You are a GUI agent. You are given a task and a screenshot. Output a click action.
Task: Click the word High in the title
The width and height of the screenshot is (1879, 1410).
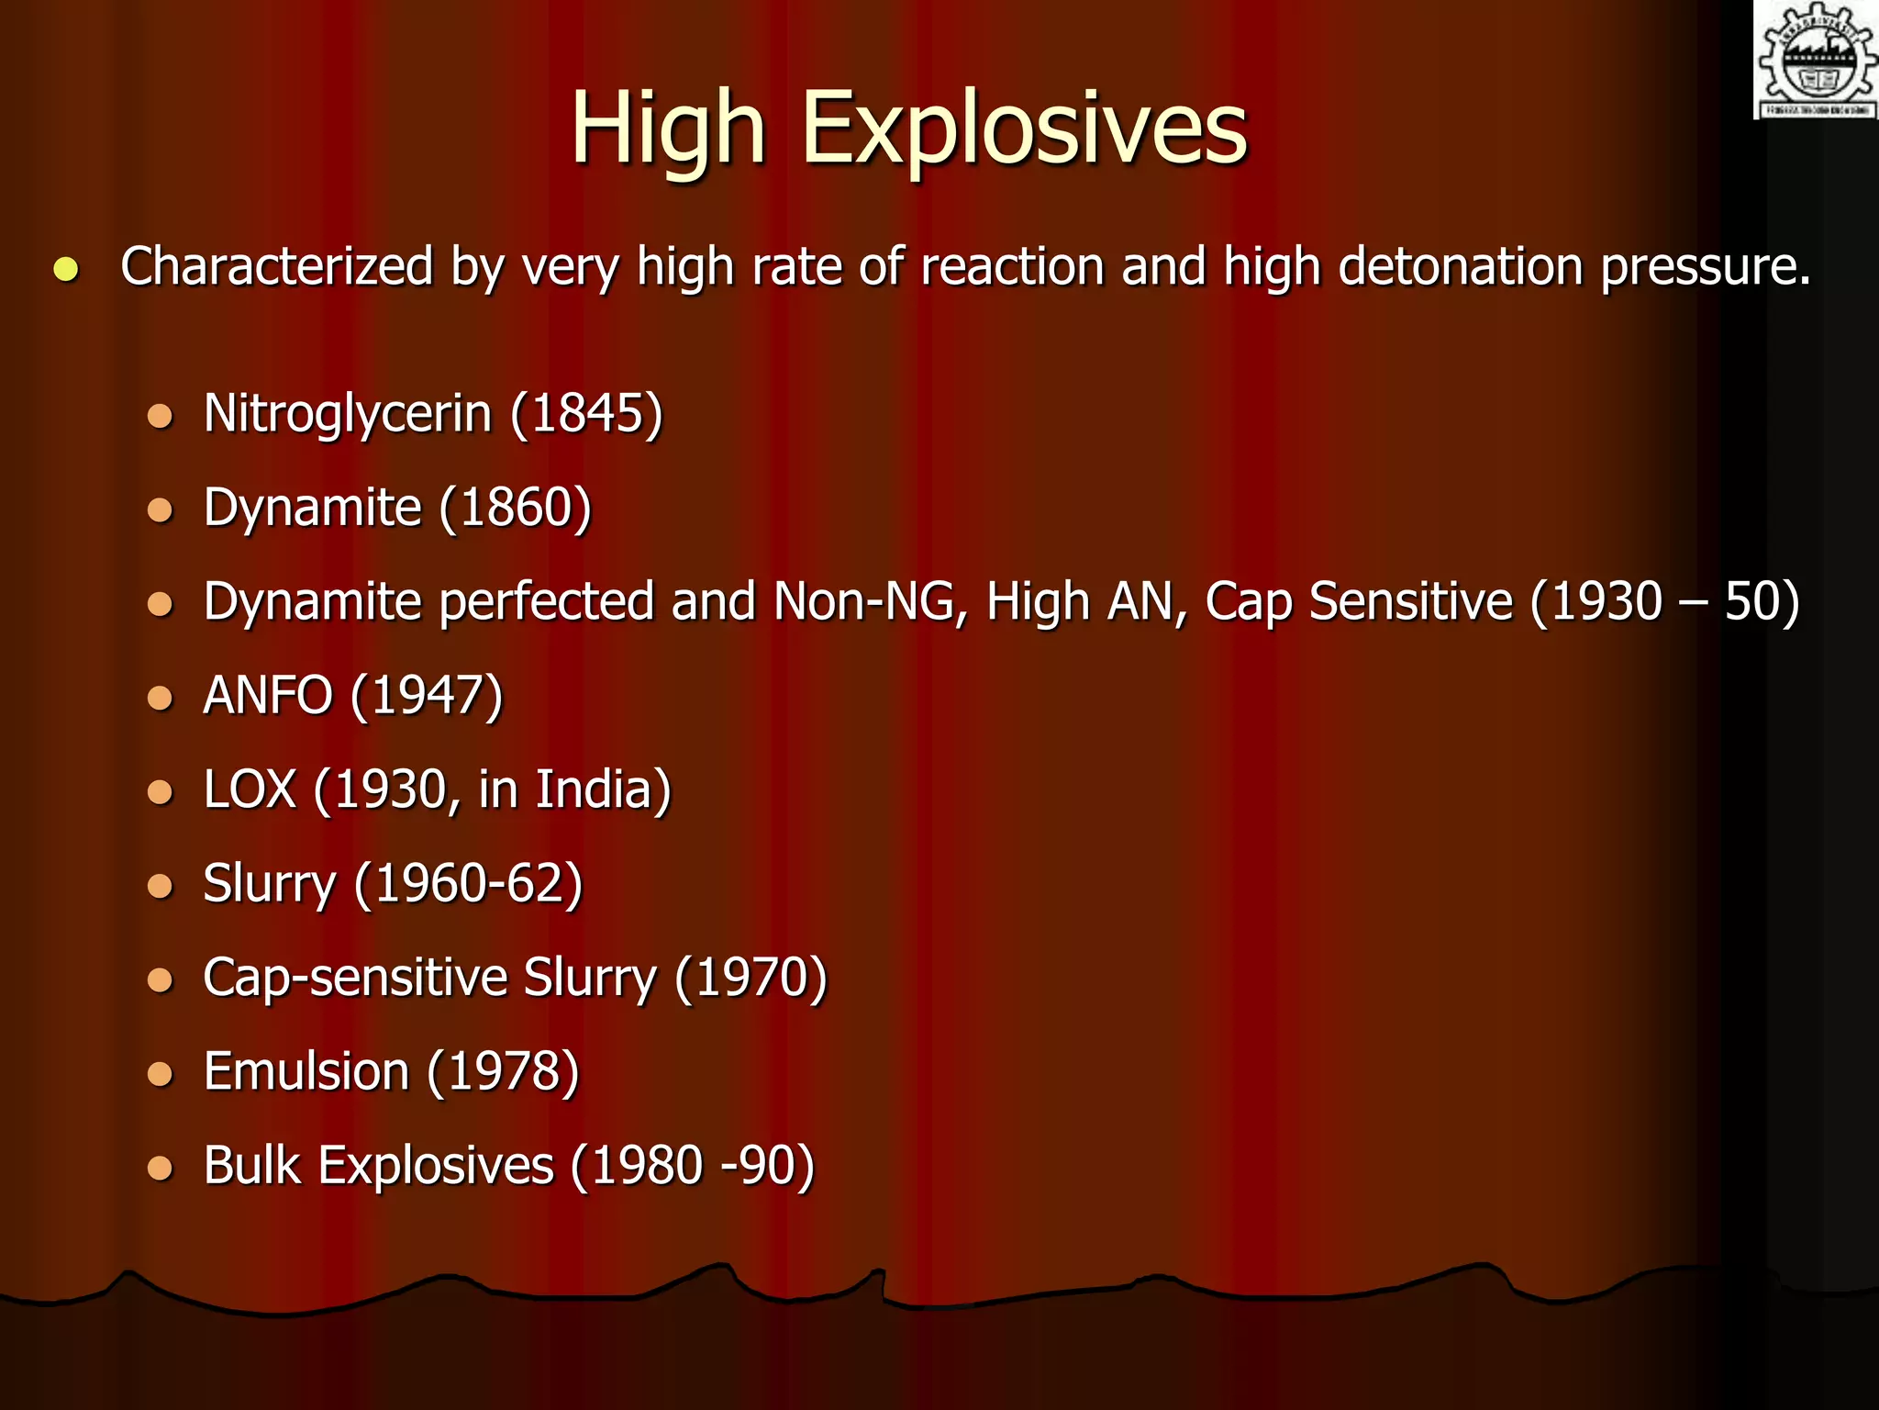point(667,129)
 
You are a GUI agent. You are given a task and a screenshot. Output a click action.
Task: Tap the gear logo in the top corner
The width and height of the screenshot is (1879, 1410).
point(1816,60)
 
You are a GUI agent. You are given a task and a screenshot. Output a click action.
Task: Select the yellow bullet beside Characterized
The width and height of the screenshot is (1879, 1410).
point(66,269)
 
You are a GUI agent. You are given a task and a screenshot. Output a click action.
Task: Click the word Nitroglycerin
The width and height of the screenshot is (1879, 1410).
point(348,414)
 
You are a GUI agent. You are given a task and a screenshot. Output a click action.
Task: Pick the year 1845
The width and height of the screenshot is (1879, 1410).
point(586,414)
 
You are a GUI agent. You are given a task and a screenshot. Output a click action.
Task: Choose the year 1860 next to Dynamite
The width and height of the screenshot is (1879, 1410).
point(515,508)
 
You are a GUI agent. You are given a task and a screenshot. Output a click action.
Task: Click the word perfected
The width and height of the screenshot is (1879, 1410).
point(547,602)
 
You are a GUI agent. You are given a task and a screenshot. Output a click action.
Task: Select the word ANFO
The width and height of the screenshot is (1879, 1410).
point(268,696)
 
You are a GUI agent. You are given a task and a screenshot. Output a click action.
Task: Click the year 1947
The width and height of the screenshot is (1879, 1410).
point(427,696)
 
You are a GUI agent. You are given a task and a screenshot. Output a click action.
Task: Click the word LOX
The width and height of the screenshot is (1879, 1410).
point(250,789)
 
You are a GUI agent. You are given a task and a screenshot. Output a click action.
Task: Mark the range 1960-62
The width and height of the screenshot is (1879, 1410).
point(468,884)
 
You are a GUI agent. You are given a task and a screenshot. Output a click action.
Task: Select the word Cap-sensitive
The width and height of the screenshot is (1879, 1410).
point(354,978)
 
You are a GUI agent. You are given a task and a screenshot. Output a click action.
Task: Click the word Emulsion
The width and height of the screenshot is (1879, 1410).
point(306,1071)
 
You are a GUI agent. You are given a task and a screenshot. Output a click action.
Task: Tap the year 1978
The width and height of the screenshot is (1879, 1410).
point(503,1071)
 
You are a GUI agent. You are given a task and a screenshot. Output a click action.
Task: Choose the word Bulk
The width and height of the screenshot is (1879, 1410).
point(251,1165)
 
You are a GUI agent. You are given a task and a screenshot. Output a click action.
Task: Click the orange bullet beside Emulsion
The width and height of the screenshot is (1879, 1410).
point(161,1073)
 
